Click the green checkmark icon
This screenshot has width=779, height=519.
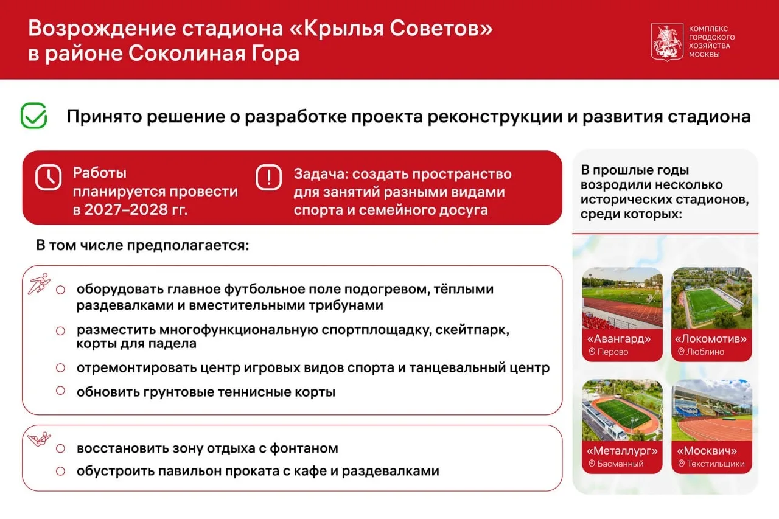[x=33, y=116]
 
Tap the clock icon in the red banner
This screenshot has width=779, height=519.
[x=48, y=177]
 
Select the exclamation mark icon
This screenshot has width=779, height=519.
[x=268, y=177]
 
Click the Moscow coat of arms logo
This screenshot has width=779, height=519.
[x=667, y=42]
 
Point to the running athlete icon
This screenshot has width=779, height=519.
[x=40, y=284]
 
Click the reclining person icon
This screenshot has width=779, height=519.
[x=40, y=439]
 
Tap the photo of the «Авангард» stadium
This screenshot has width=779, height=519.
[x=622, y=298]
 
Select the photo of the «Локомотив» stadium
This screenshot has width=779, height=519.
[x=711, y=298]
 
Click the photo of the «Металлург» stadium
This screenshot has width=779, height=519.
[x=622, y=410]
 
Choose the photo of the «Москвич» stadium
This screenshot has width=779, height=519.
[x=711, y=410]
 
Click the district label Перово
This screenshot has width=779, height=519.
[x=613, y=352]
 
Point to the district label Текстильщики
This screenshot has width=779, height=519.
[x=716, y=464]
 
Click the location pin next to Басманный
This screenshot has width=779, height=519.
[x=592, y=464]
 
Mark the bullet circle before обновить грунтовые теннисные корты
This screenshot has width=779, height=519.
[x=60, y=391]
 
